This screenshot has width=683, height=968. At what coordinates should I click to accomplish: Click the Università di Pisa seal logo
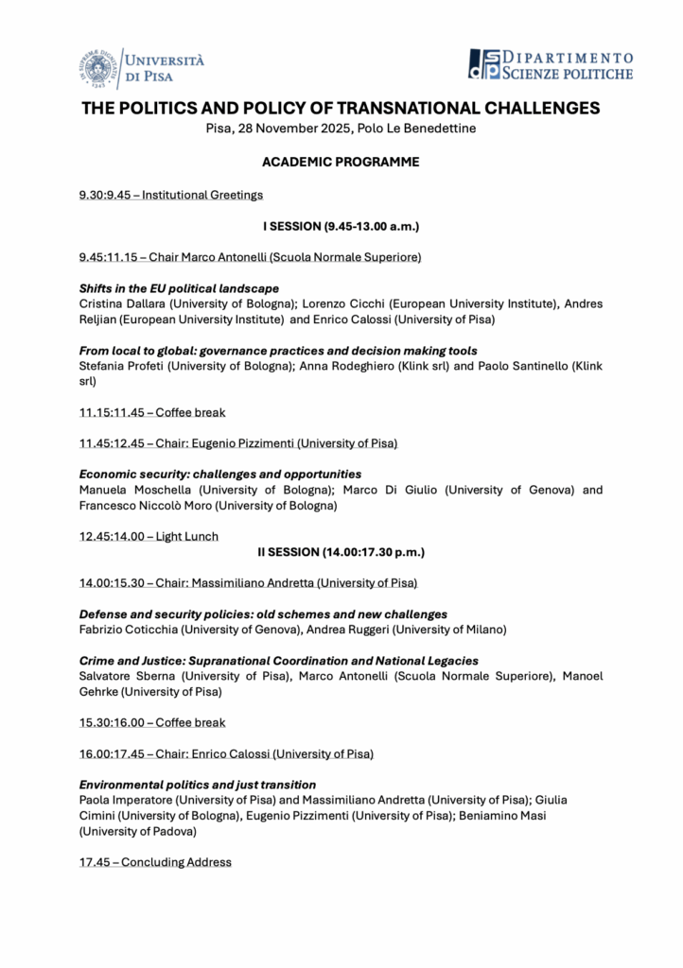click(x=97, y=67)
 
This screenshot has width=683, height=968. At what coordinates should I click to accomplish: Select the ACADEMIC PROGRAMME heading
click(x=341, y=163)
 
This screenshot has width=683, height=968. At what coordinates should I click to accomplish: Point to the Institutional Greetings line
click(x=171, y=195)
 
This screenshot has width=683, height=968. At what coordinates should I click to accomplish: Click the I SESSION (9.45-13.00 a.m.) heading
click(x=341, y=226)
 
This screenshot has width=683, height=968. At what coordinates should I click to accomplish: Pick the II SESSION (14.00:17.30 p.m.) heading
click(x=341, y=551)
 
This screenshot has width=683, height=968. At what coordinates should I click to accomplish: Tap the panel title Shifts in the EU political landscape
click(x=179, y=287)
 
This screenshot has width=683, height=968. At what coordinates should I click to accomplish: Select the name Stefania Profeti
click(x=122, y=366)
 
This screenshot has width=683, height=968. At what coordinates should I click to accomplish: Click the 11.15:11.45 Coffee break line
click(x=152, y=412)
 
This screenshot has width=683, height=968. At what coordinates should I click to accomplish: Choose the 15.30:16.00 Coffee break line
click(x=152, y=722)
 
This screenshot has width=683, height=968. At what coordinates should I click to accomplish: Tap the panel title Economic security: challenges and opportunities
click(x=220, y=474)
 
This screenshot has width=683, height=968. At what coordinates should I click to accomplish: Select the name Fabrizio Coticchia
click(x=131, y=630)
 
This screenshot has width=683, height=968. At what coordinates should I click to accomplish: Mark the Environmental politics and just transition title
click(x=198, y=785)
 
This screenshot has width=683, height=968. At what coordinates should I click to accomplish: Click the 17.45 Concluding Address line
click(x=155, y=862)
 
